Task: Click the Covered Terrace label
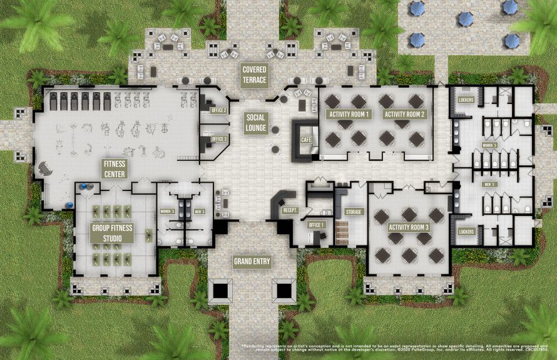255,75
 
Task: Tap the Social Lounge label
257,123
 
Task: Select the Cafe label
306,140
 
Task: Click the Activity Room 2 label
405,115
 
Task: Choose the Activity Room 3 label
409,227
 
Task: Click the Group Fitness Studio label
113,232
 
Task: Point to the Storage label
354,212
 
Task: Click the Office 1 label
317,225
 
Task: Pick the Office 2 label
219,110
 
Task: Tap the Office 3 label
219,138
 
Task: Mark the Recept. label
289,210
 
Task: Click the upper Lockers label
466,100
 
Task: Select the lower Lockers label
466,232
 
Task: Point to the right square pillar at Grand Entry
283,291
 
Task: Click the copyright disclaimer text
397,348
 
